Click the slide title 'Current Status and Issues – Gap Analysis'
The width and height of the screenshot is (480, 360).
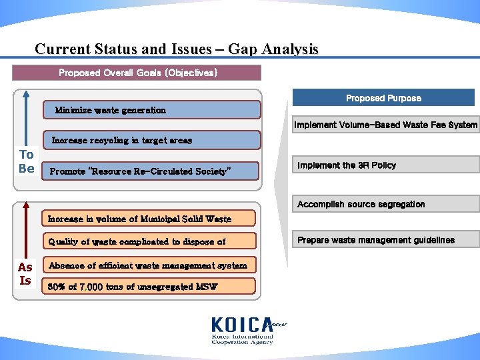pos(177,49)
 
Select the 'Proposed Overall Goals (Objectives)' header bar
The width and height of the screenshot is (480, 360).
pos(137,73)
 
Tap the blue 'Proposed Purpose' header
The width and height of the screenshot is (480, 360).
pos(383,98)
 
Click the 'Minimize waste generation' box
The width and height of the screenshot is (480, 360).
pos(151,110)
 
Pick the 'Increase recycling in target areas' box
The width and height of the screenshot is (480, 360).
pos(151,141)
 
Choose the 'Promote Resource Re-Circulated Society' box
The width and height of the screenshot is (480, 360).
pos(151,171)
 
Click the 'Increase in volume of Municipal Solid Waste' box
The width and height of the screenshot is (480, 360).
pos(149,219)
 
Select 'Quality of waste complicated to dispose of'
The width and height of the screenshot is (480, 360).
pos(149,241)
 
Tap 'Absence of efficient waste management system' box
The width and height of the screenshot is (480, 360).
pos(149,265)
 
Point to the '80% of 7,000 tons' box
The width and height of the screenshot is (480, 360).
pos(149,287)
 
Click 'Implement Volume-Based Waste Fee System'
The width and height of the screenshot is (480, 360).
pos(385,125)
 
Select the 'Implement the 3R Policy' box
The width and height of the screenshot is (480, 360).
pos(385,165)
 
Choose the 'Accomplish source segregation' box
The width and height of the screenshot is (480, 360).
pos(385,205)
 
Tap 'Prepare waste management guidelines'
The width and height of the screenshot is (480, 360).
pos(385,240)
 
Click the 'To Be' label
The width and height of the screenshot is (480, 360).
pos(26,161)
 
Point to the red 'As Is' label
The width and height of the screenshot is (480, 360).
pos(25,273)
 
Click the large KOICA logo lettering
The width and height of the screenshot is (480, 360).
pos(241,325)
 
